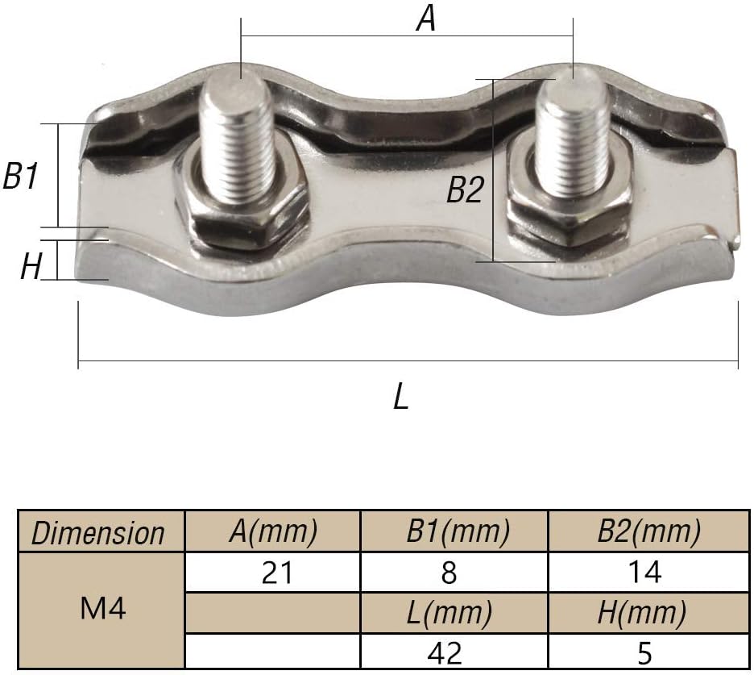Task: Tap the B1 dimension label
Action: click(22, 176)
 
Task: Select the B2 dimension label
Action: click(465, 191)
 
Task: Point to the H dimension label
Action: click(31, 266)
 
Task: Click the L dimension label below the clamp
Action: click(401, 397)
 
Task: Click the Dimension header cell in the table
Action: click(97, 533)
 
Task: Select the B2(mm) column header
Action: click(648, 531)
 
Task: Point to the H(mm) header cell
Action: click(642, 614)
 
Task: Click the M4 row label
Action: click(103, 609)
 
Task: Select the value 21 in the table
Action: click(278, 573)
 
